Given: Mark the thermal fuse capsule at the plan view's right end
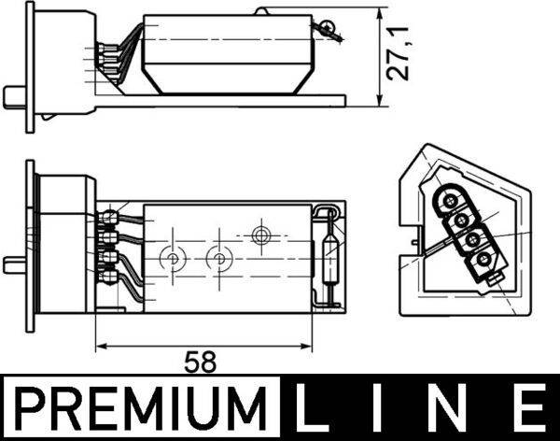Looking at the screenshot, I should tap(327, 254).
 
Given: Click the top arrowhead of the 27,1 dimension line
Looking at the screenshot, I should tap(380, 16).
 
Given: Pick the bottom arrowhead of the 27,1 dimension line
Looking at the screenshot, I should tap(380, 104).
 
